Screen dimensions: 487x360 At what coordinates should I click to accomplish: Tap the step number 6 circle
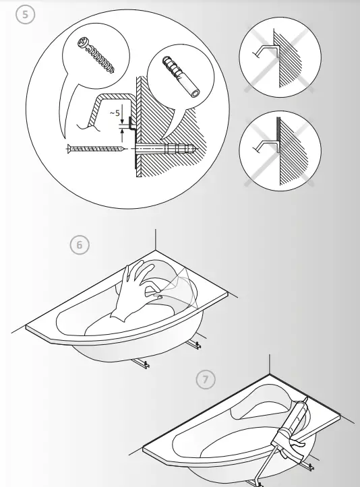80,245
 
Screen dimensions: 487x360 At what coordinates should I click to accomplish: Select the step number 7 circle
206,380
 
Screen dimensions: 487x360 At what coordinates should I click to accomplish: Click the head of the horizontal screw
69,150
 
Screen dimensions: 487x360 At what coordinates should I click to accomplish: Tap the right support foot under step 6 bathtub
199,345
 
